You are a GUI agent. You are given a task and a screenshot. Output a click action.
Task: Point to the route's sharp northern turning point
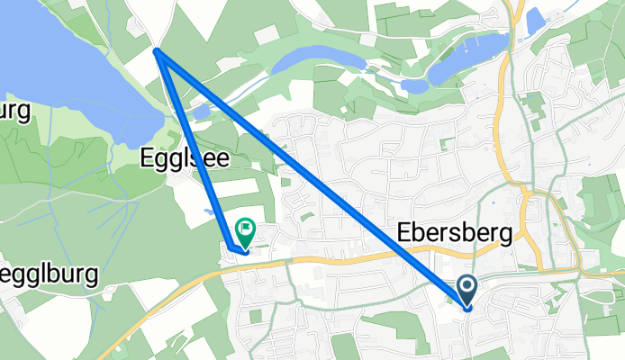click(x=158, y=52)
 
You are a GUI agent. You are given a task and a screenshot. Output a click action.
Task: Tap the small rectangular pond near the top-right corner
click(x=535, y=19)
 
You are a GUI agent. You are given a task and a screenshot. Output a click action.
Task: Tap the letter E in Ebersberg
click(x=404, y=233)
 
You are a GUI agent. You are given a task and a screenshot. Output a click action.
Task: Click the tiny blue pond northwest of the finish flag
click(x=209, y=212)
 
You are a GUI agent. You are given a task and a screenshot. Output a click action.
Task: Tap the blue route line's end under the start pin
click(x=468, y=308)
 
